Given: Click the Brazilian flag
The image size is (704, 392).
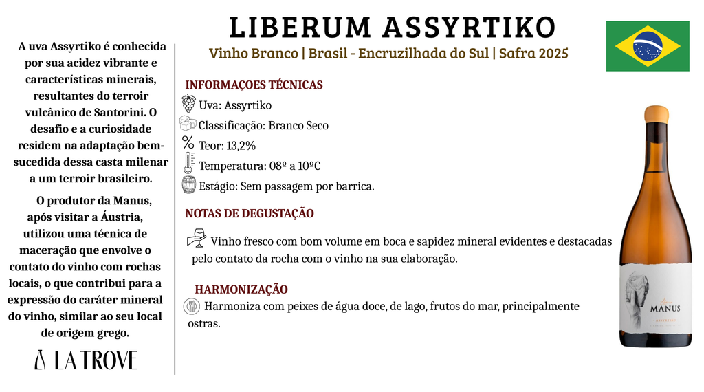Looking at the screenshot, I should (648, 46).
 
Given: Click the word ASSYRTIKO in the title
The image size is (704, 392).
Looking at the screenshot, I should (467, 28).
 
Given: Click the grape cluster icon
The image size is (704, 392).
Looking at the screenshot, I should (188, 104).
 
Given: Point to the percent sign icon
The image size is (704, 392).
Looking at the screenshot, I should (188, 143).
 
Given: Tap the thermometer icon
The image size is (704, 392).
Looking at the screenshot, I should (188, 164).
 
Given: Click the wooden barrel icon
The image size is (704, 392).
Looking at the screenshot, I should (188, 185).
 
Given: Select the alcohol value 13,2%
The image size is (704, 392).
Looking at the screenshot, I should (241, 146).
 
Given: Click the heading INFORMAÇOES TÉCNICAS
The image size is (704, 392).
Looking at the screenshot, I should (254, 85).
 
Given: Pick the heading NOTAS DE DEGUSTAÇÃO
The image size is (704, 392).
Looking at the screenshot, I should (250, 214).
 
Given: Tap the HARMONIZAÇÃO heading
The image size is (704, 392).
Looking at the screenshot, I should (241, 290).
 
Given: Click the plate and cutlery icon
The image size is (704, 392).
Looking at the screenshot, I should (192, 306).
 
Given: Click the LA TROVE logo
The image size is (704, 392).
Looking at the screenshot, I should (86, 360).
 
